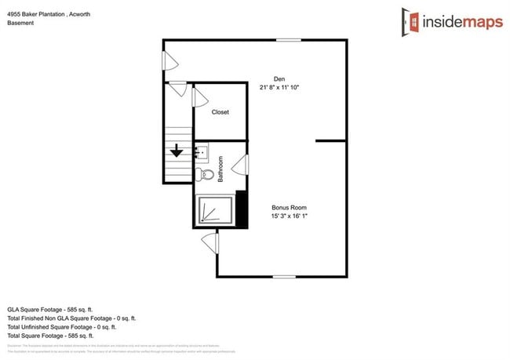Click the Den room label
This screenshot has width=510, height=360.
click(x=279, y=78)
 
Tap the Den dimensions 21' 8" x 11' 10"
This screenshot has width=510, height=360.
click(x=279, y=88)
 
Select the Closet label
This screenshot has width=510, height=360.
click(x=220, y=112)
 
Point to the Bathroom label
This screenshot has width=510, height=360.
click(x=221, y=169)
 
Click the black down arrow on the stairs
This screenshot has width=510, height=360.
click(x=177, y=151)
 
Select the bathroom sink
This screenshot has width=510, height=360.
click(x=201, y=151)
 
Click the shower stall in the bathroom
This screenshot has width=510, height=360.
click(x=213, y=211)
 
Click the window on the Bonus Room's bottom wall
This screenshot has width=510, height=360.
click(x=285, y=276)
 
